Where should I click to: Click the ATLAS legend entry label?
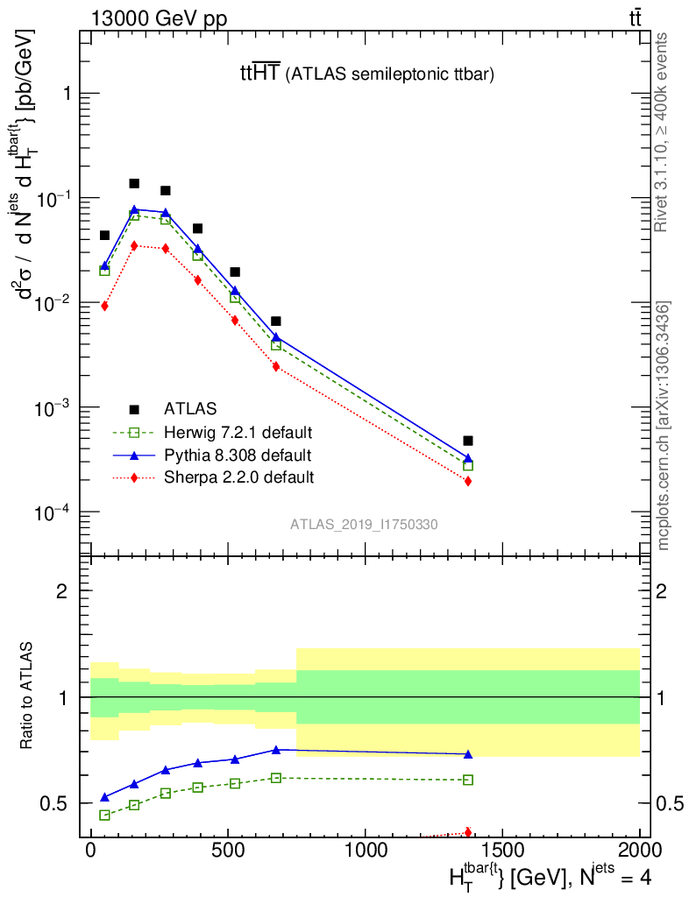tap(190, 408)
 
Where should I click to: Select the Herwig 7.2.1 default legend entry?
tap(238, 432)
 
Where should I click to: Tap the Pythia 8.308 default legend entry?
tap(237, 456)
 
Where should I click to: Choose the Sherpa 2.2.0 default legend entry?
tap(238, 477)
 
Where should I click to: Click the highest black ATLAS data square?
tap(134, 184)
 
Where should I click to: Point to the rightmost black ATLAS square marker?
tap(468, 441)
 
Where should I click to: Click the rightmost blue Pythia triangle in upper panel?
tap(468, 458)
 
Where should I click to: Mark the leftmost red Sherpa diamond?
tap(104, 306)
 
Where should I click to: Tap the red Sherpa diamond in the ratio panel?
tap(468, 832)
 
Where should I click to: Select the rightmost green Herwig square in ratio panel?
tap(468, 780)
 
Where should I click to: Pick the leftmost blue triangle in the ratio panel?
tap(104, 797)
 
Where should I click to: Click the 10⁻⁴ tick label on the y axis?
tap(51, 512)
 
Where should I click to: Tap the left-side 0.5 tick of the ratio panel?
tap(58, 803)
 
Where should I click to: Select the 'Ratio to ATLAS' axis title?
tap(28, 697)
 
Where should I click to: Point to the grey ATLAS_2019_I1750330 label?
tap(364, 525)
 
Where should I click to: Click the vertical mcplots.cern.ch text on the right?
tap(664, 425)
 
